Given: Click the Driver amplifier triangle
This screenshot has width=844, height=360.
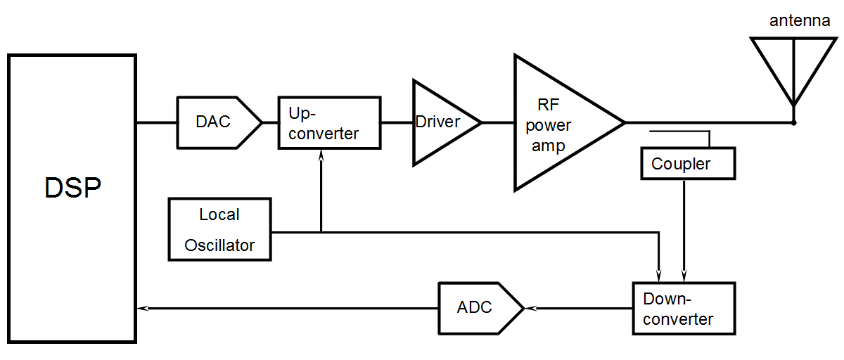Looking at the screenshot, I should [x=440, y=122].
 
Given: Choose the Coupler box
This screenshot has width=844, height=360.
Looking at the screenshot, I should [x=687, y=162].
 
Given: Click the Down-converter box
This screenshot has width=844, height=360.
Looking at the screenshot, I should [x=684, y=308].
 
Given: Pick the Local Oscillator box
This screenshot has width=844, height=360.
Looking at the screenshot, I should [x=220, y=229].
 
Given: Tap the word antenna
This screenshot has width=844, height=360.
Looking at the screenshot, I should [x=799, y=22].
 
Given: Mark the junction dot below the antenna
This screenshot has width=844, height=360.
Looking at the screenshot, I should [x=793, y=123].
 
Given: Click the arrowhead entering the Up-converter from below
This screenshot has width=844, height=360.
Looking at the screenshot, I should [x=321, y=156].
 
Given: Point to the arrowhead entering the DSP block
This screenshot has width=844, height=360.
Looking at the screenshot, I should [x=141, y=308].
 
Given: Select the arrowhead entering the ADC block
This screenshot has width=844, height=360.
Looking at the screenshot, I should [x=530, y=308].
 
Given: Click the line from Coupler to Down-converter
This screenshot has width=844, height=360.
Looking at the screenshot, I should [x=684, y=225].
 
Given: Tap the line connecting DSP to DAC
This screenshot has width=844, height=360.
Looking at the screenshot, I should [x=156, y=123].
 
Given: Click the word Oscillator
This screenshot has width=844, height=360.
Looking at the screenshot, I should [x=219, y=245].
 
